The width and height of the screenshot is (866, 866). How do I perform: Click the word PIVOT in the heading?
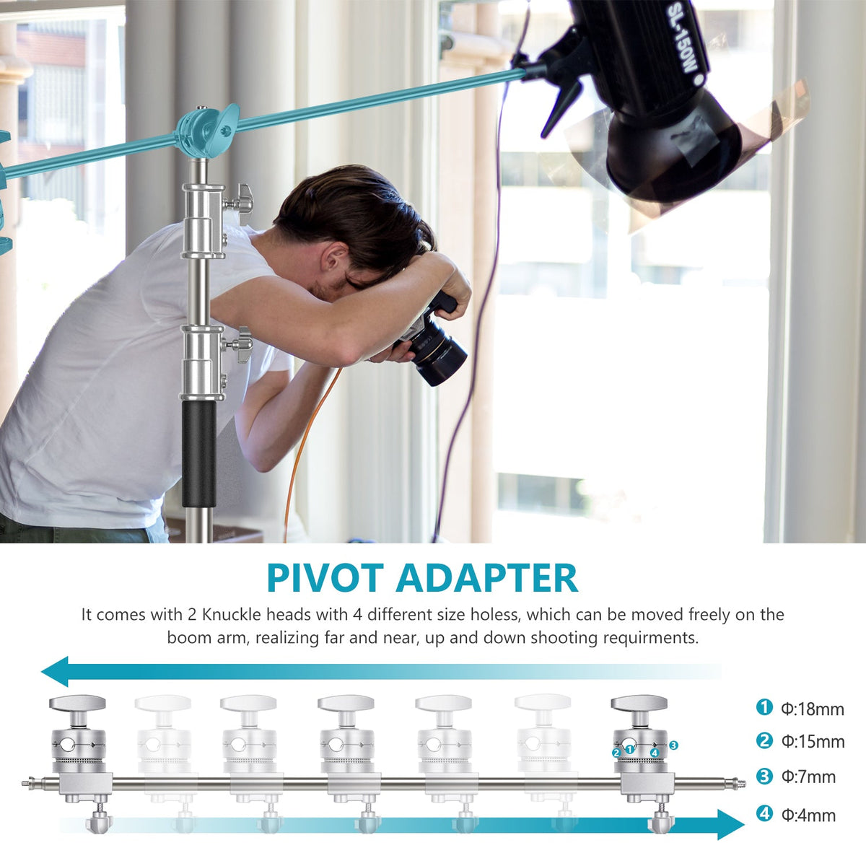[x=325, y=578]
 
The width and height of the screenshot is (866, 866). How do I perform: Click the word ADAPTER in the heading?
[x=486, y=578]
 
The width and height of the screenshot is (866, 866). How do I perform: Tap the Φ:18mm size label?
[x=813, y=709]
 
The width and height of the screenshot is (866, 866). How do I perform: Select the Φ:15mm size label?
[x=813, y=741]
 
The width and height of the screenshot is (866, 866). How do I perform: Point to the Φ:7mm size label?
[x=808, y=777]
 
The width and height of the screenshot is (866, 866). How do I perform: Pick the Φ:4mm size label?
[x=808, y=815]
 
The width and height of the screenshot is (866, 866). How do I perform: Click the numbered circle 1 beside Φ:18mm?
[x=764, y=707]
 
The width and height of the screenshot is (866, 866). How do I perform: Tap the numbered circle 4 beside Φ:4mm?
[x=764, y=813]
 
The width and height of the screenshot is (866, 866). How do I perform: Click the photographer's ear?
[x=333, y=260]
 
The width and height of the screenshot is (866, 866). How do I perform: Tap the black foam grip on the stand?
[x=198, y=453]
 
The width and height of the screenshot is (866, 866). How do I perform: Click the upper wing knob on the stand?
[x=241, y=204]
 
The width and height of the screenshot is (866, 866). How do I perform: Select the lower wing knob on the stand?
[x=240, y=345]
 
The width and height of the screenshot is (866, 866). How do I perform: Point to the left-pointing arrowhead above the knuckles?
[x=55, y=671]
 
